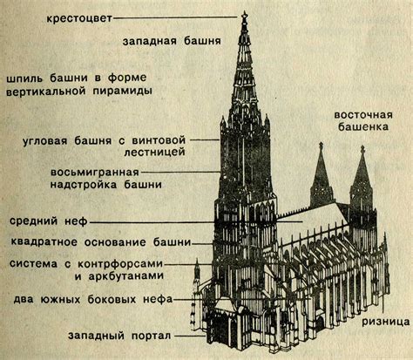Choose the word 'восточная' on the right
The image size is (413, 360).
[363, 115]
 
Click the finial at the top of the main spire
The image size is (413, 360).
[245, 15]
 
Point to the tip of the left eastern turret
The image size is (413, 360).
[321, 146]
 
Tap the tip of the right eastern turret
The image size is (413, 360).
[361, 148]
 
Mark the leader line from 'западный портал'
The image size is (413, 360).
[187, 334]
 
